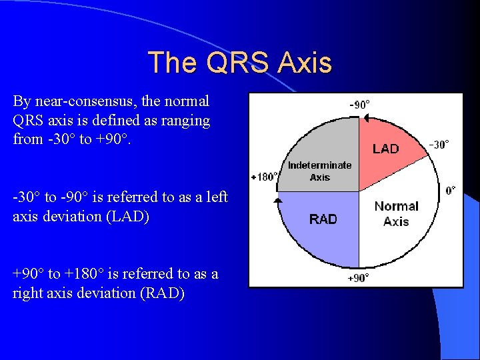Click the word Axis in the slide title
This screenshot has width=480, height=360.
pyautogui.click(x=305, y=63)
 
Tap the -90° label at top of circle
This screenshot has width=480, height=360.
pyautogui.click(x=360, y=104)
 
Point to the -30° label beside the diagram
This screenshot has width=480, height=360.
pyautogui.click(x=438, y=144)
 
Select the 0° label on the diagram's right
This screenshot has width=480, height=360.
pyautogui.click(x=451, y=191)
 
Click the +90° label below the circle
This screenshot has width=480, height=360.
pyautogui.click(x=359, y=278)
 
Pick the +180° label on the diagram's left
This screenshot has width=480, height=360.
pyautogui.click(x=264, y=177)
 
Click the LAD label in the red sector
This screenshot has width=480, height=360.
pyautogui.click(x=385, y=149)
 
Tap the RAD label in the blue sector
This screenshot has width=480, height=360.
pyautogui.click(x=323, y=219)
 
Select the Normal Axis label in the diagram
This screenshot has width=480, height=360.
pyautogui.click(x=396, y=213)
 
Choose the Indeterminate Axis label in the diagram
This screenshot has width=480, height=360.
pyautogui.click(x=320, y=171)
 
